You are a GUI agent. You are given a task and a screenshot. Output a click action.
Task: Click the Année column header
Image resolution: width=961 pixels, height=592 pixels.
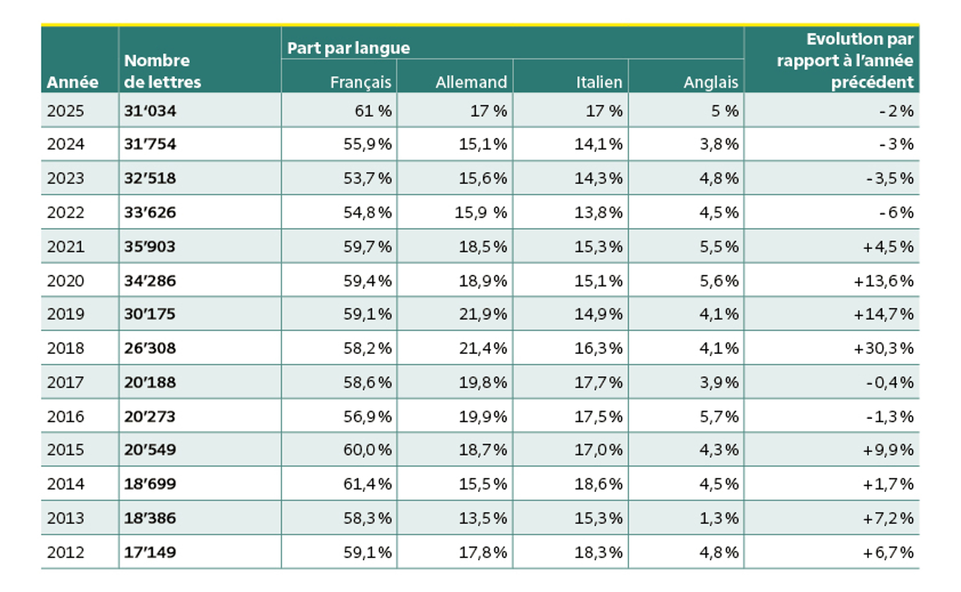point(72,82)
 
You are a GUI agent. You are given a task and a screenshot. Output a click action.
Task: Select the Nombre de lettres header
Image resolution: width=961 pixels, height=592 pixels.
point(163,71)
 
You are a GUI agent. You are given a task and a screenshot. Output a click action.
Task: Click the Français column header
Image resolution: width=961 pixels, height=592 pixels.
point(361,82)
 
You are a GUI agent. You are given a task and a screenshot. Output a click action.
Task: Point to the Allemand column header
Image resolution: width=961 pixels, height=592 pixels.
point(471,82)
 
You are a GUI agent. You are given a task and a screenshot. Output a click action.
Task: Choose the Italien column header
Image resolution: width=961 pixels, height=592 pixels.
point(599,82)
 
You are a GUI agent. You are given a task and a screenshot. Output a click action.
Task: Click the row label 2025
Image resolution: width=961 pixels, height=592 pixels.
point(65,111)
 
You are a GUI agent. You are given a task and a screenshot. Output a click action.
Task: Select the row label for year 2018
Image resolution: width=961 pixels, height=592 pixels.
point(65,348)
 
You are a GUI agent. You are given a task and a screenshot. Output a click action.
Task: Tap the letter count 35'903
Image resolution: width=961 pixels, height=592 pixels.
point(150,247)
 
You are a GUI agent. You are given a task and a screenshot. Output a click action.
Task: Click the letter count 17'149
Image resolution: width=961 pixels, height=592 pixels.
point(150,552)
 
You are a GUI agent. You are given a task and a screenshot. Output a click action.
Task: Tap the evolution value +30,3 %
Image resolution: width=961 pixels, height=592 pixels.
point(883,348)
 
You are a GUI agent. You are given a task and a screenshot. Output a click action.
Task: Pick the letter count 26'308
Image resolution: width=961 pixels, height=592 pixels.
point(150,348)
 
